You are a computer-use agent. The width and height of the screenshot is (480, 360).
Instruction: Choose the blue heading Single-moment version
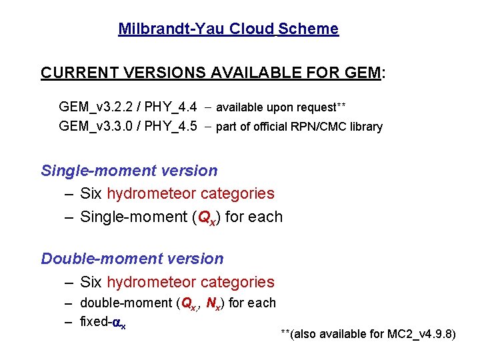129,171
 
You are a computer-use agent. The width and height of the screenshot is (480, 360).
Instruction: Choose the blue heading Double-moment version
133,259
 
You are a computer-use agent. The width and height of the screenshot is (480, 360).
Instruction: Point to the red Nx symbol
214,304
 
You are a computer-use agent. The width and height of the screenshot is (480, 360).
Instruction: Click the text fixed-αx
103,322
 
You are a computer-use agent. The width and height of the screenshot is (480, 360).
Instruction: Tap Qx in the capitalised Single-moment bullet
207,217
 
